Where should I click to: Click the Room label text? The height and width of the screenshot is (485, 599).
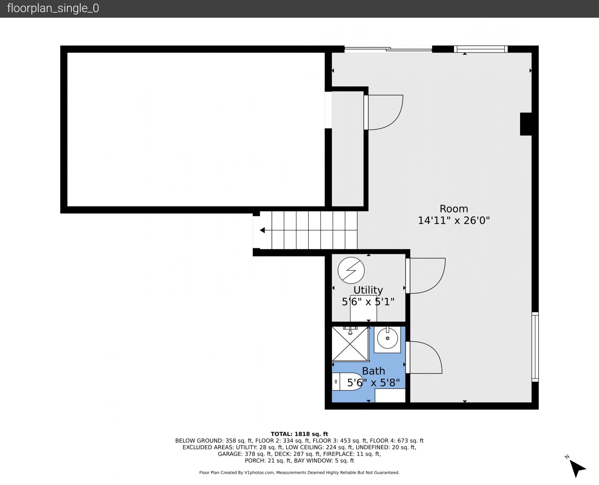tap(454, 209)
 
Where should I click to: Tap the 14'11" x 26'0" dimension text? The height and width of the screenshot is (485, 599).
tap(454, 220)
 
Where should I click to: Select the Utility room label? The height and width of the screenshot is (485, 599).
tap(368, 290)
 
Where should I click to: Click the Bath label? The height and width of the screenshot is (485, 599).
tap(373, 371)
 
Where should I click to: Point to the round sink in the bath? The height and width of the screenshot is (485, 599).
tap(387, 339)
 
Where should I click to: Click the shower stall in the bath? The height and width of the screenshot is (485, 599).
tap(350, 344)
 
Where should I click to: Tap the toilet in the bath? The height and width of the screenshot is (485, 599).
tap(347, 382)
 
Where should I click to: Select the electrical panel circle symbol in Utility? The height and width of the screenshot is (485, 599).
tap(351, 270)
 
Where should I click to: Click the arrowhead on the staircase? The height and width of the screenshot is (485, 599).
tap(262, 230)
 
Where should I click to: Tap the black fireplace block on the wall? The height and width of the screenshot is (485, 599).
tap(525, 124)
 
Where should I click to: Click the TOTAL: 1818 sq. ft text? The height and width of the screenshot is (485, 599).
tap(299, 434)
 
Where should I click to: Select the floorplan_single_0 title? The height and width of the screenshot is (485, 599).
tap(53, 9)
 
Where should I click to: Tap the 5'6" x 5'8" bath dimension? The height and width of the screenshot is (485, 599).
tap(373, 383)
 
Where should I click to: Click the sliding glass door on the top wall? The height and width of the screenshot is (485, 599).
tap(388, 49)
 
